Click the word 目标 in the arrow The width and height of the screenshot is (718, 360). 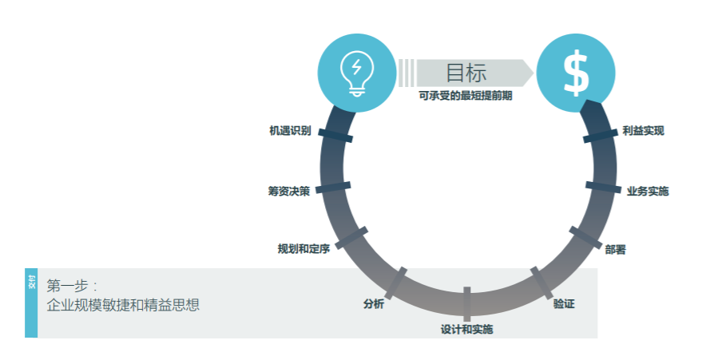466,73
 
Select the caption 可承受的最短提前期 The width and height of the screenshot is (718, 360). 466,96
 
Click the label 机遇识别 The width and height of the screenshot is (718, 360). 290,131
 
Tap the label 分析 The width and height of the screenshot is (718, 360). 374,303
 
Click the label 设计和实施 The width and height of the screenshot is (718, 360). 467,329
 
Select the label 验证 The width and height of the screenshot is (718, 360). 564,303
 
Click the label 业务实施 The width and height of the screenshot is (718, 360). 648,192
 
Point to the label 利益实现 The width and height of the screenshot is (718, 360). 643,131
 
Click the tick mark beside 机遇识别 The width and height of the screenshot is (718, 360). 335,136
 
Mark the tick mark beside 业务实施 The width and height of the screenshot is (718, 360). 603,187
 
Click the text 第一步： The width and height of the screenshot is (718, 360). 72,286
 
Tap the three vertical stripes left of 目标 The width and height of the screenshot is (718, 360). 407,73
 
